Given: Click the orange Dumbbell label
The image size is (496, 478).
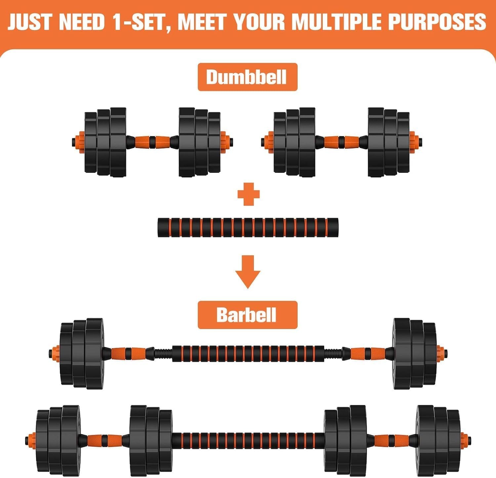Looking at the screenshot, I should (247, 77).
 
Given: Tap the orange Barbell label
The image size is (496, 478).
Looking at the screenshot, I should (247, 315).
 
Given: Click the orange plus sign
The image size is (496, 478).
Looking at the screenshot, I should (249, 194).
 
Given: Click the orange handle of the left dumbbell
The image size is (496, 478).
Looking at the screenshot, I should (152, 142).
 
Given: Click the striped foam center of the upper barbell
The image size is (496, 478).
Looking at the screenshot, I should (248, 353).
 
